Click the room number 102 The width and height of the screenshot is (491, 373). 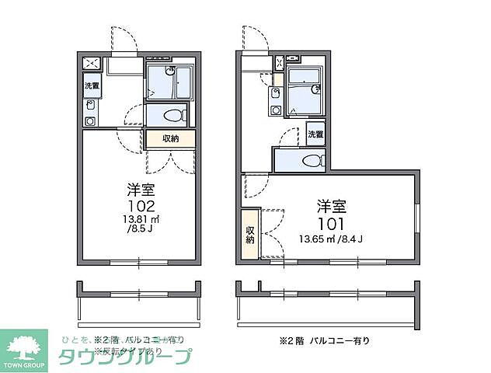pyautogui.click(x=141, y=207)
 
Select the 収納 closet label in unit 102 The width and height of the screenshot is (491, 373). pyautogui.click(x=171, y=138)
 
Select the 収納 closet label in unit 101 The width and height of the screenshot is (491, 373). pyautogui.click(x=249, y=235)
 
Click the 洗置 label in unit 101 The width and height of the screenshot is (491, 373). pyautogui.click(x=315, y=134)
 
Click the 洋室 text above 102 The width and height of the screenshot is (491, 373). pyautogui.click(x=140, y=190)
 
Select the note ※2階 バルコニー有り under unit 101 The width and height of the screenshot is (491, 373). pyautogui.click(x=325, y=340)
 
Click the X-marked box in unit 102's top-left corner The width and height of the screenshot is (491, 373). pyautogui.click(x=90, y=64)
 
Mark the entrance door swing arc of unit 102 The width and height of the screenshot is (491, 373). pyautogui.click(x=122, y=40)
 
